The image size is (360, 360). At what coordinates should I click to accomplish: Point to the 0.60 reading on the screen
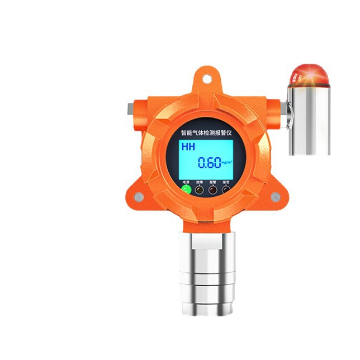click(x=210, y=163)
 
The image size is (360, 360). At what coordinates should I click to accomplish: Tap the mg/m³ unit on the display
click(x=226, y=164)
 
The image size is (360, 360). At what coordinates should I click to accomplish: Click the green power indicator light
click(x=186, y=190)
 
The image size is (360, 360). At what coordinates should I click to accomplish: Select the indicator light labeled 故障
click(x=200, y=190)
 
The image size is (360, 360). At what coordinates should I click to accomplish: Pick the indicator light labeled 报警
click(x=213, y=190)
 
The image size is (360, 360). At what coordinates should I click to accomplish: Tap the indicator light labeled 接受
click(x=226, y=190)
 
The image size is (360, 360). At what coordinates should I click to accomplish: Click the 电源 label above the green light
click(x=186, y=182)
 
